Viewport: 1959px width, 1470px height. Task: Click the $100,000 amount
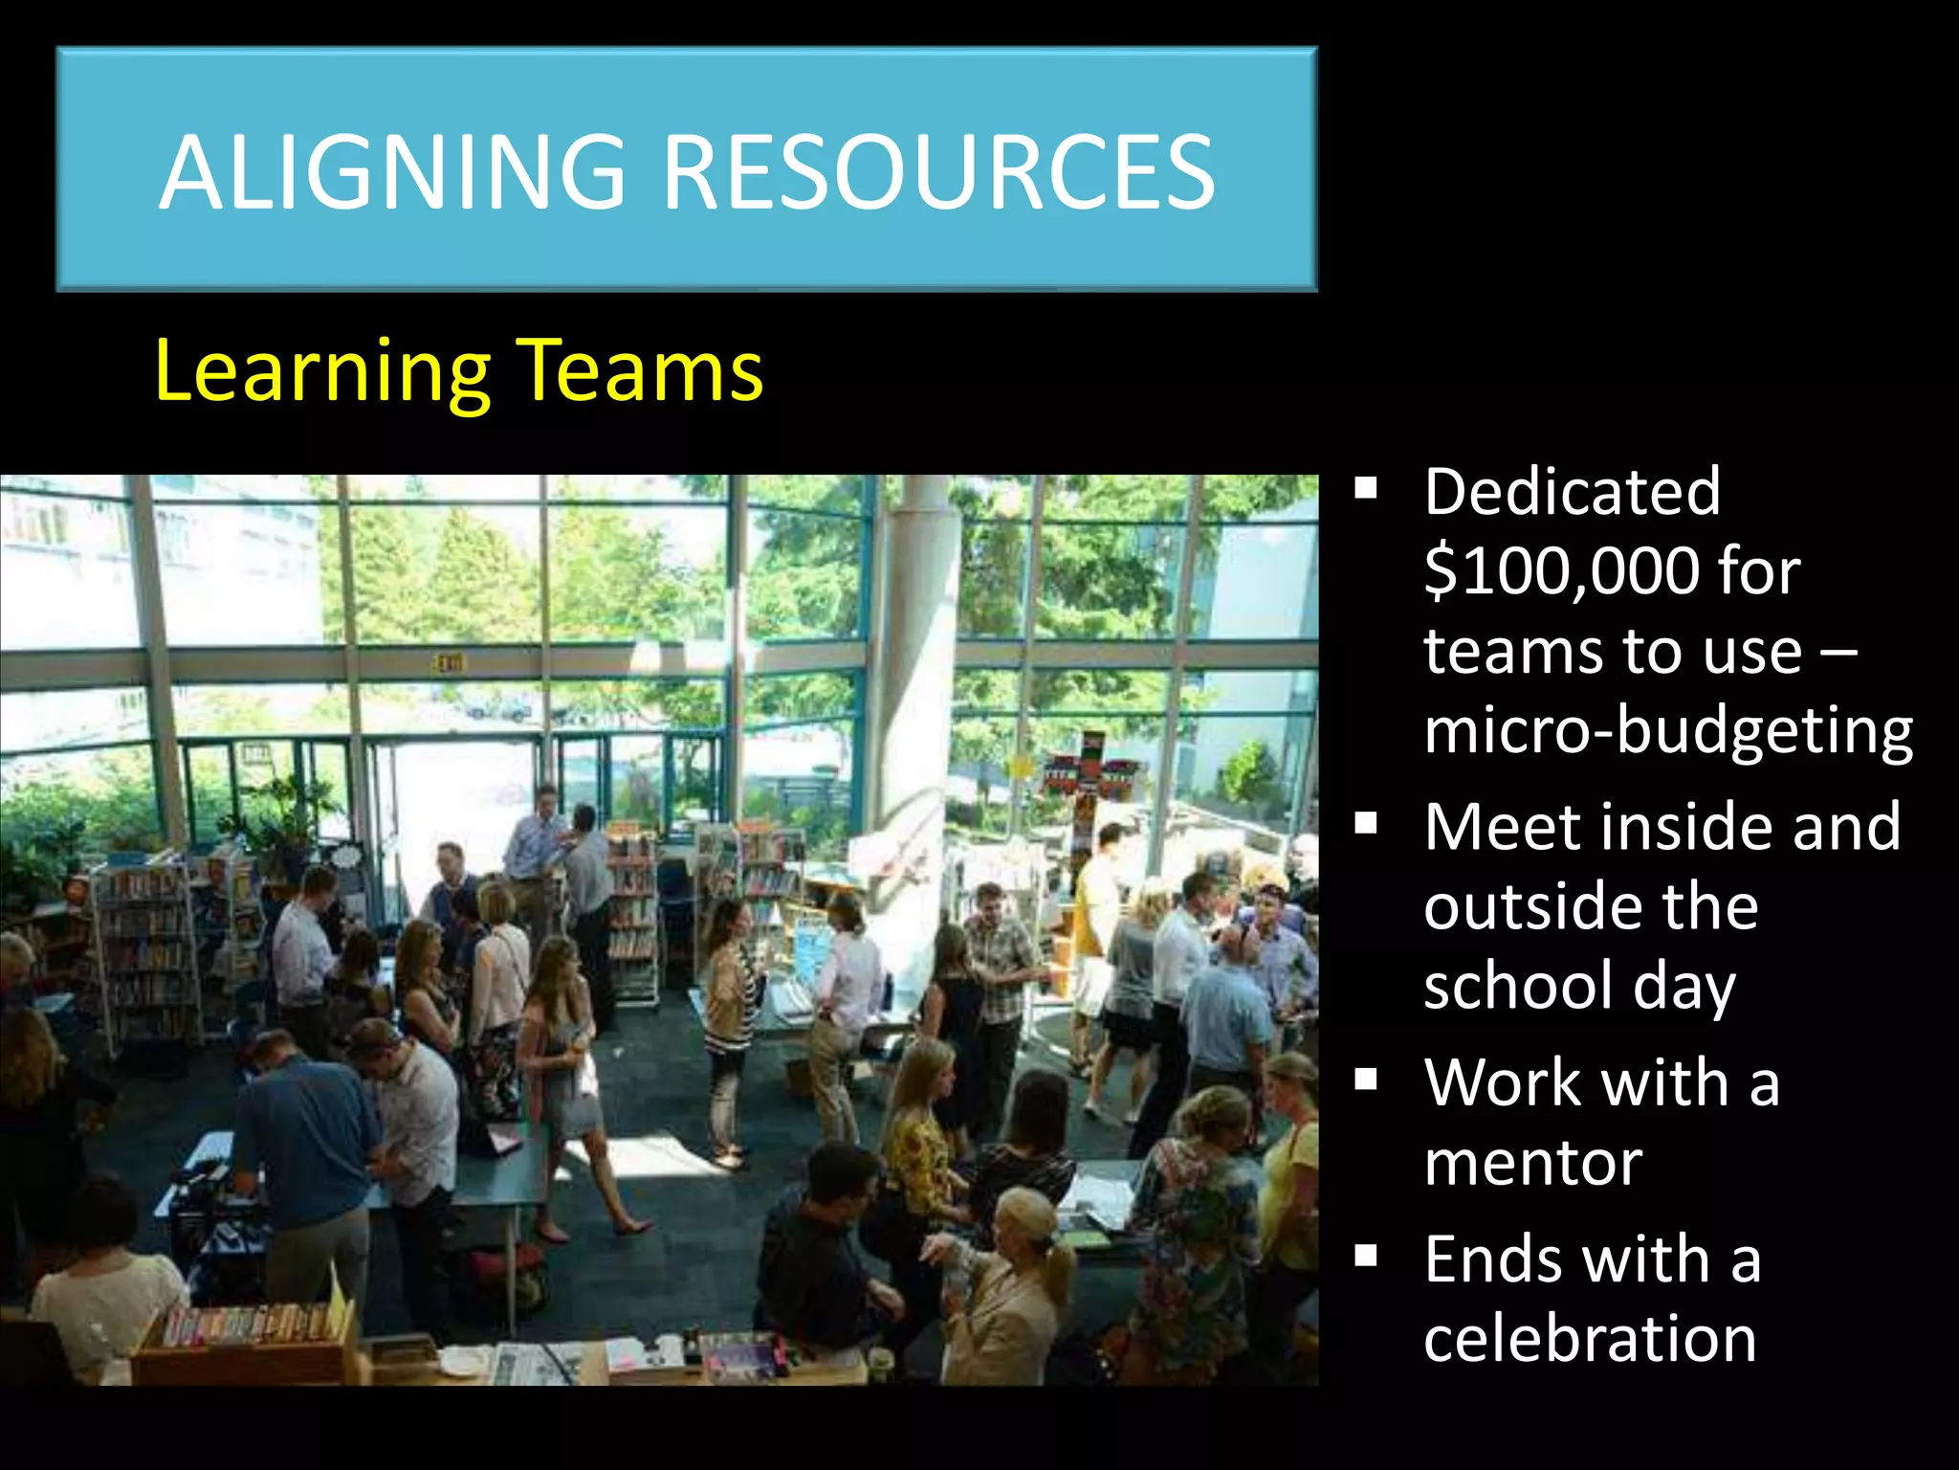tap(1558, 572)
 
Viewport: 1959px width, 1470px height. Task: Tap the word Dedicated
tap(1572, 492)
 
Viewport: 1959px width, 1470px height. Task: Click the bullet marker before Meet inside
tap(1366, 823)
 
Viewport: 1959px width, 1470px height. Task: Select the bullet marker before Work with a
tap(1366, 1080)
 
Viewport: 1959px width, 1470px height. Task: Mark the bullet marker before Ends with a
tap(1366, 1256)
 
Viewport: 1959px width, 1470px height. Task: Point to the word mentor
tap(1532, 1163)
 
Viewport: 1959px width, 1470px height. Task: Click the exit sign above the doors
tap(448, 662)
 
